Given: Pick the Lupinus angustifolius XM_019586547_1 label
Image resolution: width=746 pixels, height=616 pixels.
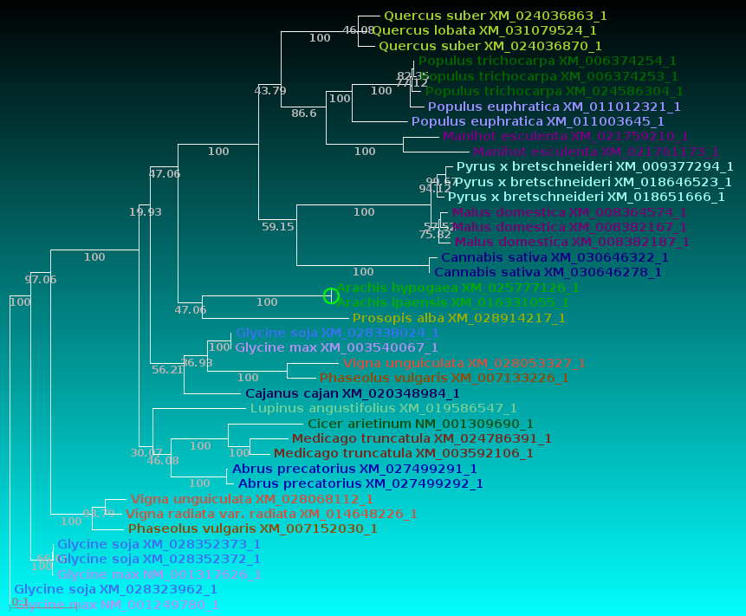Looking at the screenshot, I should click(383, 408).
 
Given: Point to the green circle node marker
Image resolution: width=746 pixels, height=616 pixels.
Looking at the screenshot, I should click(330, 295).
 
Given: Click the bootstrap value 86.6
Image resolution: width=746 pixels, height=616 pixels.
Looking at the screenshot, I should click(304, 113).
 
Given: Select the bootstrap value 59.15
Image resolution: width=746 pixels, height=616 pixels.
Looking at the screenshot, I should click(278, 227).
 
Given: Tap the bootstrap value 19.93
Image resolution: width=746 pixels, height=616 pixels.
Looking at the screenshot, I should click(145, 211).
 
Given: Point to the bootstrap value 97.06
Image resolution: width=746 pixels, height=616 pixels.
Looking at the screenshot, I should click(40, 279).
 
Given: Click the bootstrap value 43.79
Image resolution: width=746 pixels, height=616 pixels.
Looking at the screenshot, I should click(269, 90).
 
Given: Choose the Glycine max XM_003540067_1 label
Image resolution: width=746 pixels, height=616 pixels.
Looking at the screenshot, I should click(337, 347).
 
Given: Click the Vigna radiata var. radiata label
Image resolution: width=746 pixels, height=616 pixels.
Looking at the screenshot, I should click(271, 514).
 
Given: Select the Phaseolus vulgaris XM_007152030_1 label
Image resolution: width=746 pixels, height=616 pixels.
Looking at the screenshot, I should click(252, 528).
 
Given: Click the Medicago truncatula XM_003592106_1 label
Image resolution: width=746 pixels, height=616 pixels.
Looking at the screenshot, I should click(403, 453).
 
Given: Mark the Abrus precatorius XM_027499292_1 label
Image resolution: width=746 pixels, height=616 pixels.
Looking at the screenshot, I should click(360, 483).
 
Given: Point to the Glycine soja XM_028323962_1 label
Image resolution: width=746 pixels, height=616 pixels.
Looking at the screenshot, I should click(115, 589).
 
